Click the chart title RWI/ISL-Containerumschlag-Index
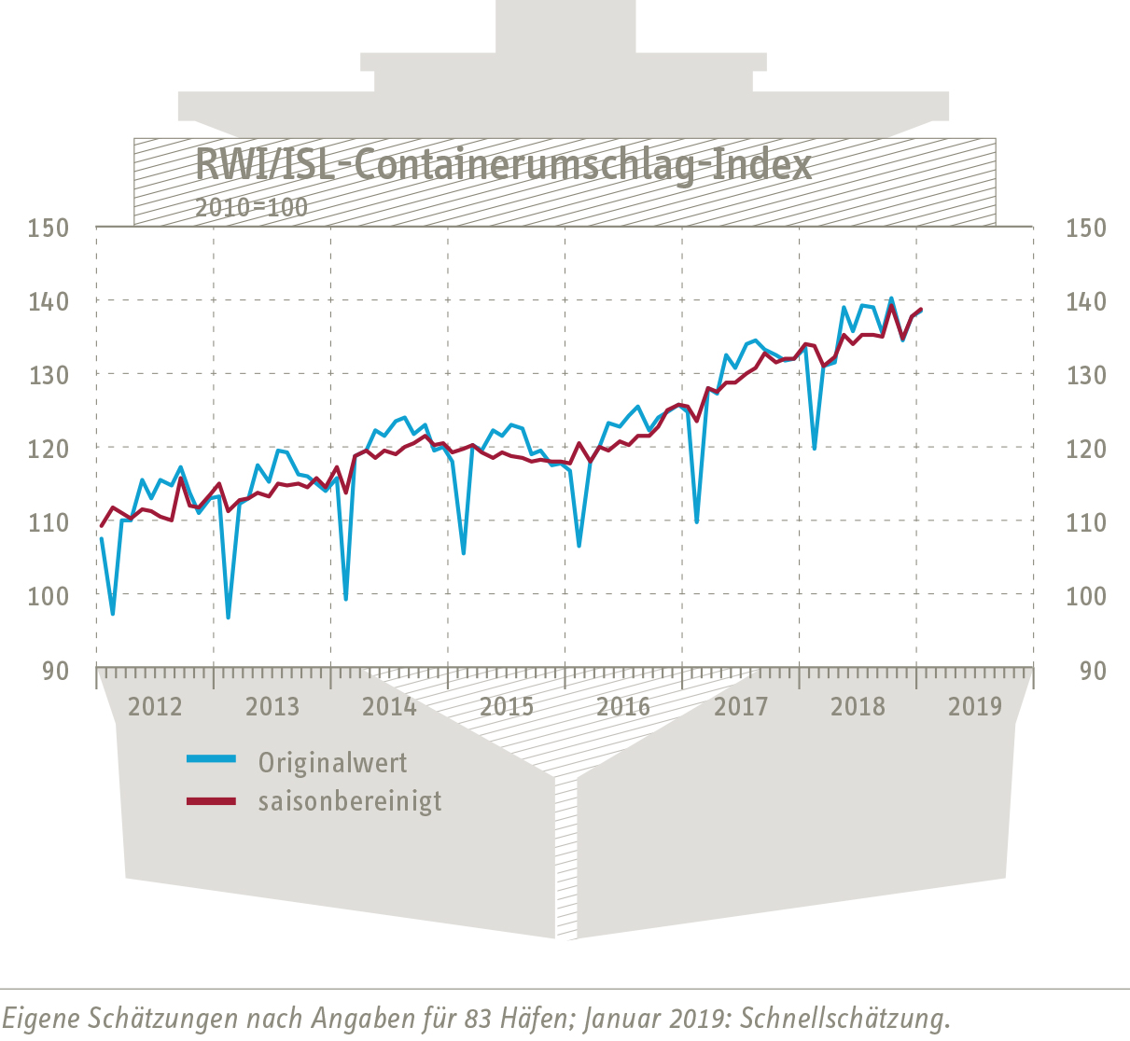[503, 166]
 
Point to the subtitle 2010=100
[251, 206]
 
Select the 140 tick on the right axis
[1085, 301]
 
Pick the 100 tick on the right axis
[1085, 595]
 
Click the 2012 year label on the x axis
[155, 705]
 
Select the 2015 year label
[507, 705]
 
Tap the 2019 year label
[975, 705]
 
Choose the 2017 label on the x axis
[741, 705]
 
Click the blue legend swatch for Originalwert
[211, 758]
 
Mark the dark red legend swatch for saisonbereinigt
[211, 800]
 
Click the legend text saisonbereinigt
[350, 801]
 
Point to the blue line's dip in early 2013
[229, 618]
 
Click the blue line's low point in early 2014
[346, 598]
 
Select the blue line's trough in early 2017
[697, 521]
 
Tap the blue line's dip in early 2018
[815, 449]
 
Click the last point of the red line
[922, 309]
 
